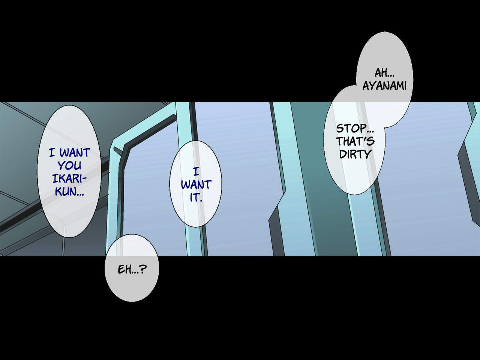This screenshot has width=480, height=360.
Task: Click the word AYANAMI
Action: pos(384,86)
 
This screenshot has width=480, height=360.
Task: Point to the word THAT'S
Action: pos(355,141)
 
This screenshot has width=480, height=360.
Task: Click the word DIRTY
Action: pos(355,154)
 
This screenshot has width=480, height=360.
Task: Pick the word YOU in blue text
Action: pos(69,165)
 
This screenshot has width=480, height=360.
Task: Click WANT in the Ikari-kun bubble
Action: pos(75,153)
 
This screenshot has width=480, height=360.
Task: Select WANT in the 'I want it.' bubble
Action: pos(196,184)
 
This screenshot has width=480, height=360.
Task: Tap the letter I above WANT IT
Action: pos(196,172)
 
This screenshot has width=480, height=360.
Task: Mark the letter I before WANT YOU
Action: pos(52,153)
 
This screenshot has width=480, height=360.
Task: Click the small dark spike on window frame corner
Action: pos(118,151)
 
